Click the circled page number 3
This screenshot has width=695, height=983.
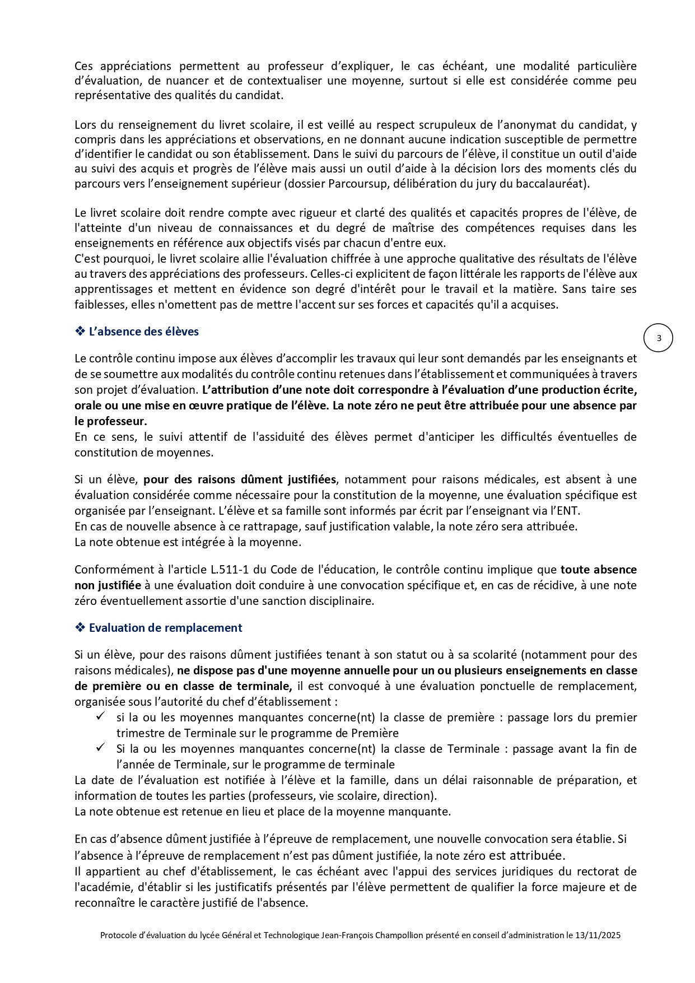pos(659,338)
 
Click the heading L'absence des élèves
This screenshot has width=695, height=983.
pos(144,332)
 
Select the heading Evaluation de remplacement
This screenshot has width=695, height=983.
pos(165,628)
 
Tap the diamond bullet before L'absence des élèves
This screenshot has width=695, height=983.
pos(80,331)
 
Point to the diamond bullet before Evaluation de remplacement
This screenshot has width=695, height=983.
pos(80,627)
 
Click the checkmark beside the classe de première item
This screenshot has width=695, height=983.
pos(101,716)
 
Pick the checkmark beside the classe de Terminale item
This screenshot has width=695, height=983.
pos(101,748)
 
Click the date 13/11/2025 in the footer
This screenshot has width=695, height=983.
pos(598,935)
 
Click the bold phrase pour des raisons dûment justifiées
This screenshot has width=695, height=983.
pos(240,479)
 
